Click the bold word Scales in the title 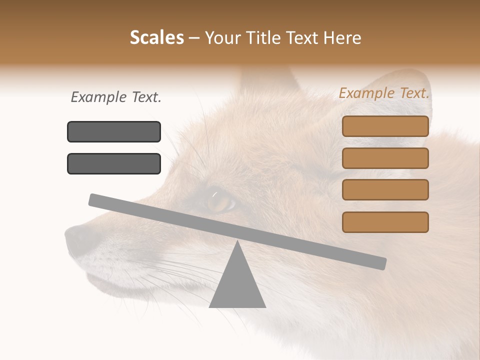point(156,38)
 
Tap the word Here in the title point(342,38)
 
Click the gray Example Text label point(116,97)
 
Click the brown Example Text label point(384,93)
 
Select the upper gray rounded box point(114,131)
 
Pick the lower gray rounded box point(114,163)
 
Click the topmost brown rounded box point(385,126)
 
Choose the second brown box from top point(385,158)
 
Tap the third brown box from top point(385,190)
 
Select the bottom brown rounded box point(385,222)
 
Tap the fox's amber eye point(220,202)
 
